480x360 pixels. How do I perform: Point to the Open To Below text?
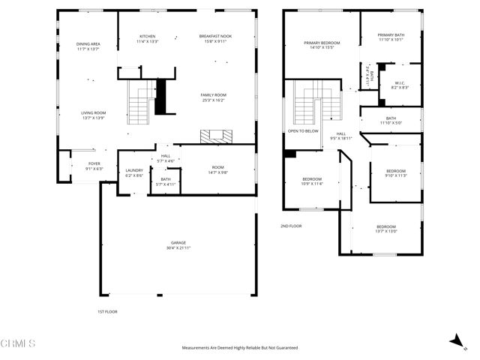(303, 131)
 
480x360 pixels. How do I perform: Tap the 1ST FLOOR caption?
(107, 311)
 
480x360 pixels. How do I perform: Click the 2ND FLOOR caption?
(291, 225)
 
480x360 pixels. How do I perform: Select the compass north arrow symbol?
(454, 341)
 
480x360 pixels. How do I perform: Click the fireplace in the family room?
(217, 136)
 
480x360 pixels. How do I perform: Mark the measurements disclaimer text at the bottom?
(240, 348)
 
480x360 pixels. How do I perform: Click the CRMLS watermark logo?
(18, 343)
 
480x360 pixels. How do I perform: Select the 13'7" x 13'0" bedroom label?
(386, 229)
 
